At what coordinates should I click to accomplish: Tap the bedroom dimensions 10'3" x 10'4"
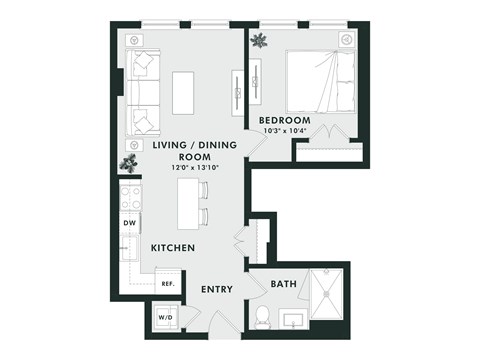pyautogui.click(x=287, y=131)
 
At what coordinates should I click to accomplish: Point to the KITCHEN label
pyautogui.click(x=172, y=247)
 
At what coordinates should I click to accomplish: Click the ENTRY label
pyautogui.click(x=217, y=289)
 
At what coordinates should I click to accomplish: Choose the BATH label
pyautogui.click(x=282, y=285)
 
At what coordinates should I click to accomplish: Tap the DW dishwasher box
pyautogui.click(x=129, y=223)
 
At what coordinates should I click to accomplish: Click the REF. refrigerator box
pyautogui.click(x=167, y=284)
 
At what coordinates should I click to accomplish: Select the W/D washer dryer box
pyautogui.click(x=164, y=318)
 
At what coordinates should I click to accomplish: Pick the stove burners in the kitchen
pyautogui.click(x=129, y=196)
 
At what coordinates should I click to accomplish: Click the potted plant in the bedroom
pyautogui.click(x=259, y=41)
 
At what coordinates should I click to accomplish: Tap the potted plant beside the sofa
pyautogui.click(x=129, y=162)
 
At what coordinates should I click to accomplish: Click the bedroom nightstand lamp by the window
pyautogui.click(x=345, y=40)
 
